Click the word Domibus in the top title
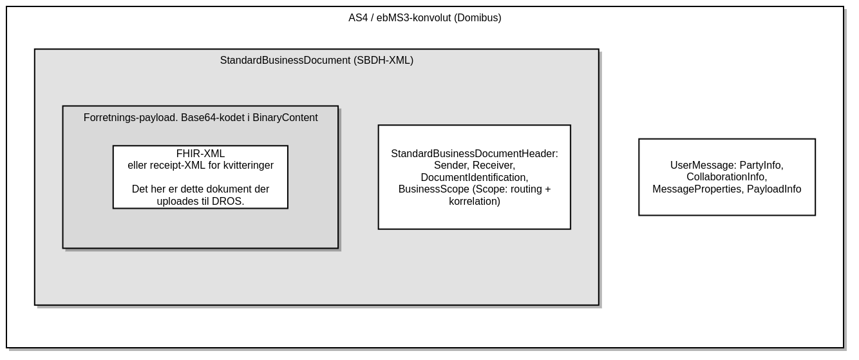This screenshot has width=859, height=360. (x=477, y=18)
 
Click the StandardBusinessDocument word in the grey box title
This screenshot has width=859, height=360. (x=285, y=60)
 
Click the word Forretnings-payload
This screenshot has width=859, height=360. (x=131, y=118)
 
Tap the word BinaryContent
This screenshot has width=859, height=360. (x=285, y=118)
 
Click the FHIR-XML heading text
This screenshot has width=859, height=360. (x=200, y=154)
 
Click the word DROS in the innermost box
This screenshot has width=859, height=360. (x=227, y=202)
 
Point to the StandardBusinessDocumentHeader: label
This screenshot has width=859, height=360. (x=475, y=154)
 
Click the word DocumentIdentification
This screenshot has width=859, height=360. (x=475, y=178)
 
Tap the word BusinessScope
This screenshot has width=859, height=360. (x=434, y=189)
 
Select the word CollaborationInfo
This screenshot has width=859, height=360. (x=726, y=176)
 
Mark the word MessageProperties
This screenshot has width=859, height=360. (x=698, y=189)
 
